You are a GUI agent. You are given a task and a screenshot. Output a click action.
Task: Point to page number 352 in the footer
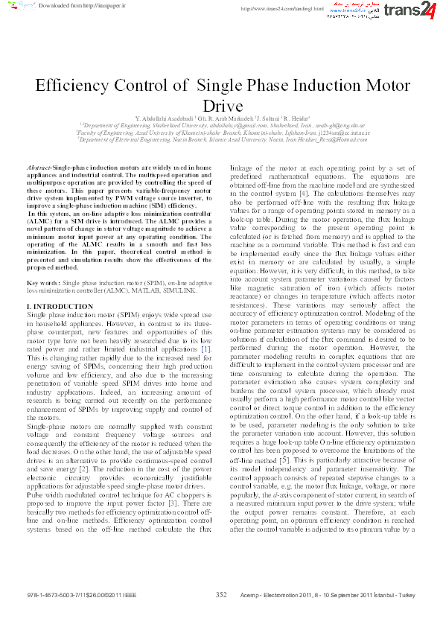[221, 595]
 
